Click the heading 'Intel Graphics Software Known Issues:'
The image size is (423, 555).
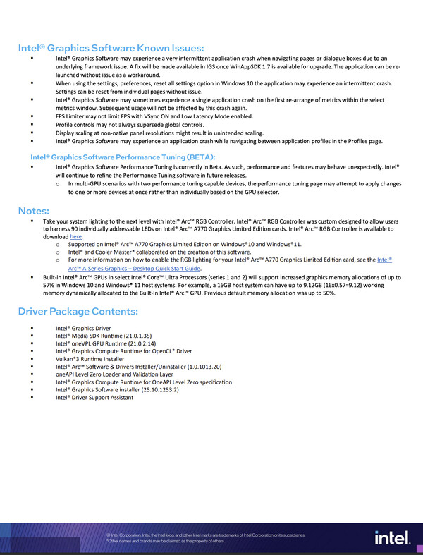coord(111,48)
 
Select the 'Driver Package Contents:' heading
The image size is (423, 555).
coord(78,312)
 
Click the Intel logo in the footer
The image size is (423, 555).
coord(392,538)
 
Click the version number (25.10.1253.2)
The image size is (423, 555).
coord(158,390)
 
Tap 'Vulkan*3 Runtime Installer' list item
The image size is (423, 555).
coord(90,359)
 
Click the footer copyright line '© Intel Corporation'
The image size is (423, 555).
coord(204,535)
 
